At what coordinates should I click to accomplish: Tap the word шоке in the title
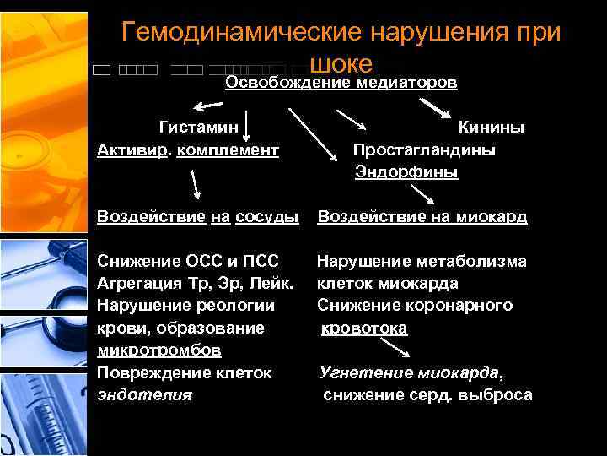point(341,63)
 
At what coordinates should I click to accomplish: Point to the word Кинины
point(491,128)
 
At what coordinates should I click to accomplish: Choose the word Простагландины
point(424,149)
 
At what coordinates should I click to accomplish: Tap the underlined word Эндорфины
point(406,172)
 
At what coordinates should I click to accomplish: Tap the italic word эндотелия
point(144,394)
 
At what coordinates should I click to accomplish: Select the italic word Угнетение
point(364,372)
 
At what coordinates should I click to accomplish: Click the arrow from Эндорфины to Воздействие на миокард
point(422,193)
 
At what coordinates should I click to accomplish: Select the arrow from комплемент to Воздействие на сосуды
point(195,184)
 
